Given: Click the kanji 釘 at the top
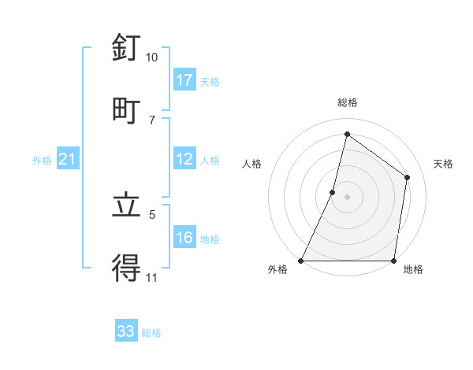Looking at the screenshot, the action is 126,49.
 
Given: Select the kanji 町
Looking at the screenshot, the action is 126,109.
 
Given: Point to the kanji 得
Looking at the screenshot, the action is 126,268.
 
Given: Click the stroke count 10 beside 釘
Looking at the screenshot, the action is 152,57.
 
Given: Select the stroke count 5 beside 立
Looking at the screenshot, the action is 152,213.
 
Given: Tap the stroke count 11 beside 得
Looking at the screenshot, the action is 152,278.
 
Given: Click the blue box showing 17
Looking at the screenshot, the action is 184,80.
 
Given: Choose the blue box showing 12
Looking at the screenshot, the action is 184,159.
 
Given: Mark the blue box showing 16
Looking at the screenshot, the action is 184,238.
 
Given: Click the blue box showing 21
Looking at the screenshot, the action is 68,160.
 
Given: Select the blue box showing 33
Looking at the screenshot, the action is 126,331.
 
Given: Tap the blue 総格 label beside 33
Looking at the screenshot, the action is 151,333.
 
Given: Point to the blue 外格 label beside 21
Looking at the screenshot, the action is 42,161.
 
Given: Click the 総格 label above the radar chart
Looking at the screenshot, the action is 347,102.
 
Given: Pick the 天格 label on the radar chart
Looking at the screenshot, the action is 443,164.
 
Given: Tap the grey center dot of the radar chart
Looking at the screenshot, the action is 347,197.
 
